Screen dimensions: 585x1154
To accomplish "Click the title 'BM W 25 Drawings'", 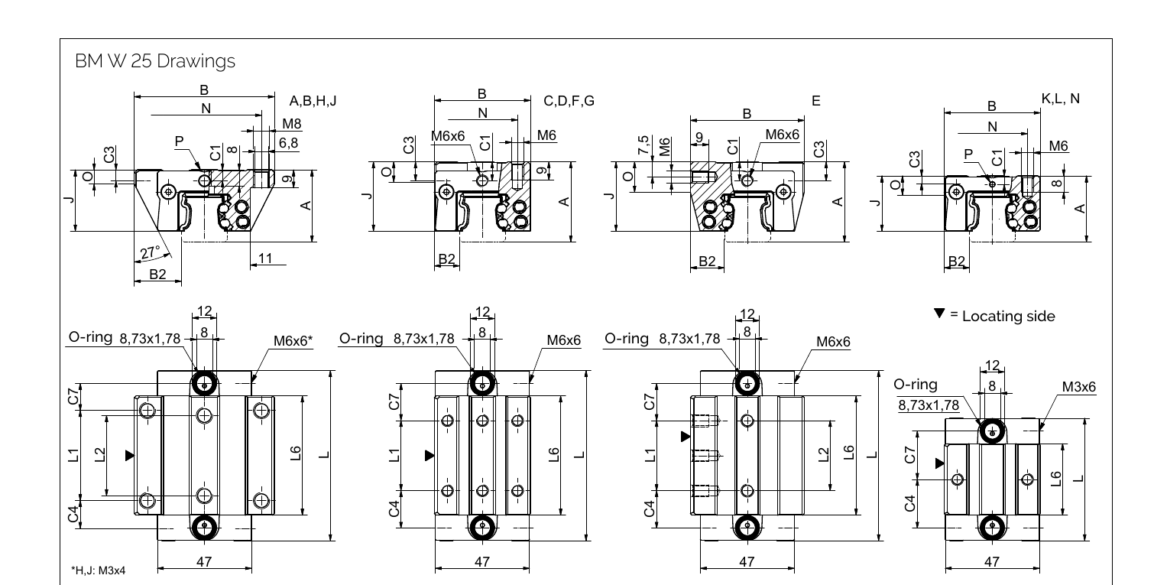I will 155,63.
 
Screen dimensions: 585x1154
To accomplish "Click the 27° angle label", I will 150,252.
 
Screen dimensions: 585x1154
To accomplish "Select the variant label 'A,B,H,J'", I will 313,101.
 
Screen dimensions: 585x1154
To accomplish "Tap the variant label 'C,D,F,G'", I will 569,100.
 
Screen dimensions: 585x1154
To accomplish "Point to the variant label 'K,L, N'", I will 1061,99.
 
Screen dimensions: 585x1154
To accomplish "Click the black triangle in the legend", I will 940,314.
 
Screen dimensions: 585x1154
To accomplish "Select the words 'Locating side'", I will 1009,316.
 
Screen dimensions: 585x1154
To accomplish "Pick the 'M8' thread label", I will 291,123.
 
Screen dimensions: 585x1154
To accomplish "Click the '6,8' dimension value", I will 288,142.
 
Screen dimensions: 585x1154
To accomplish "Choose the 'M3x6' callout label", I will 1078,387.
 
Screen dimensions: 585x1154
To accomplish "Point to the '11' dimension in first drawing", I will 264,258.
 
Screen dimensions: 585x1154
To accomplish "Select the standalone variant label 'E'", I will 816,100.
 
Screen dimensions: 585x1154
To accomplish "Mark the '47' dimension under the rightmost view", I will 991,561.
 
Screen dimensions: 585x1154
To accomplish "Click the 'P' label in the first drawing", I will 179,141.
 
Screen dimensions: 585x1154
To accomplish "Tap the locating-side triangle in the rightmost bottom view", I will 939,463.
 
